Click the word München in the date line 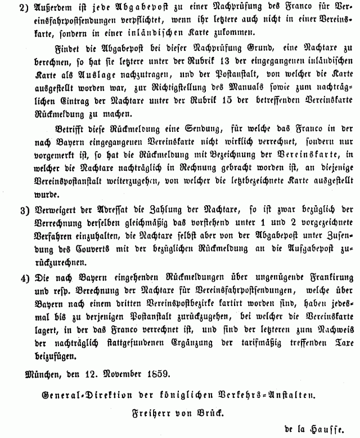tap(43, 372)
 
